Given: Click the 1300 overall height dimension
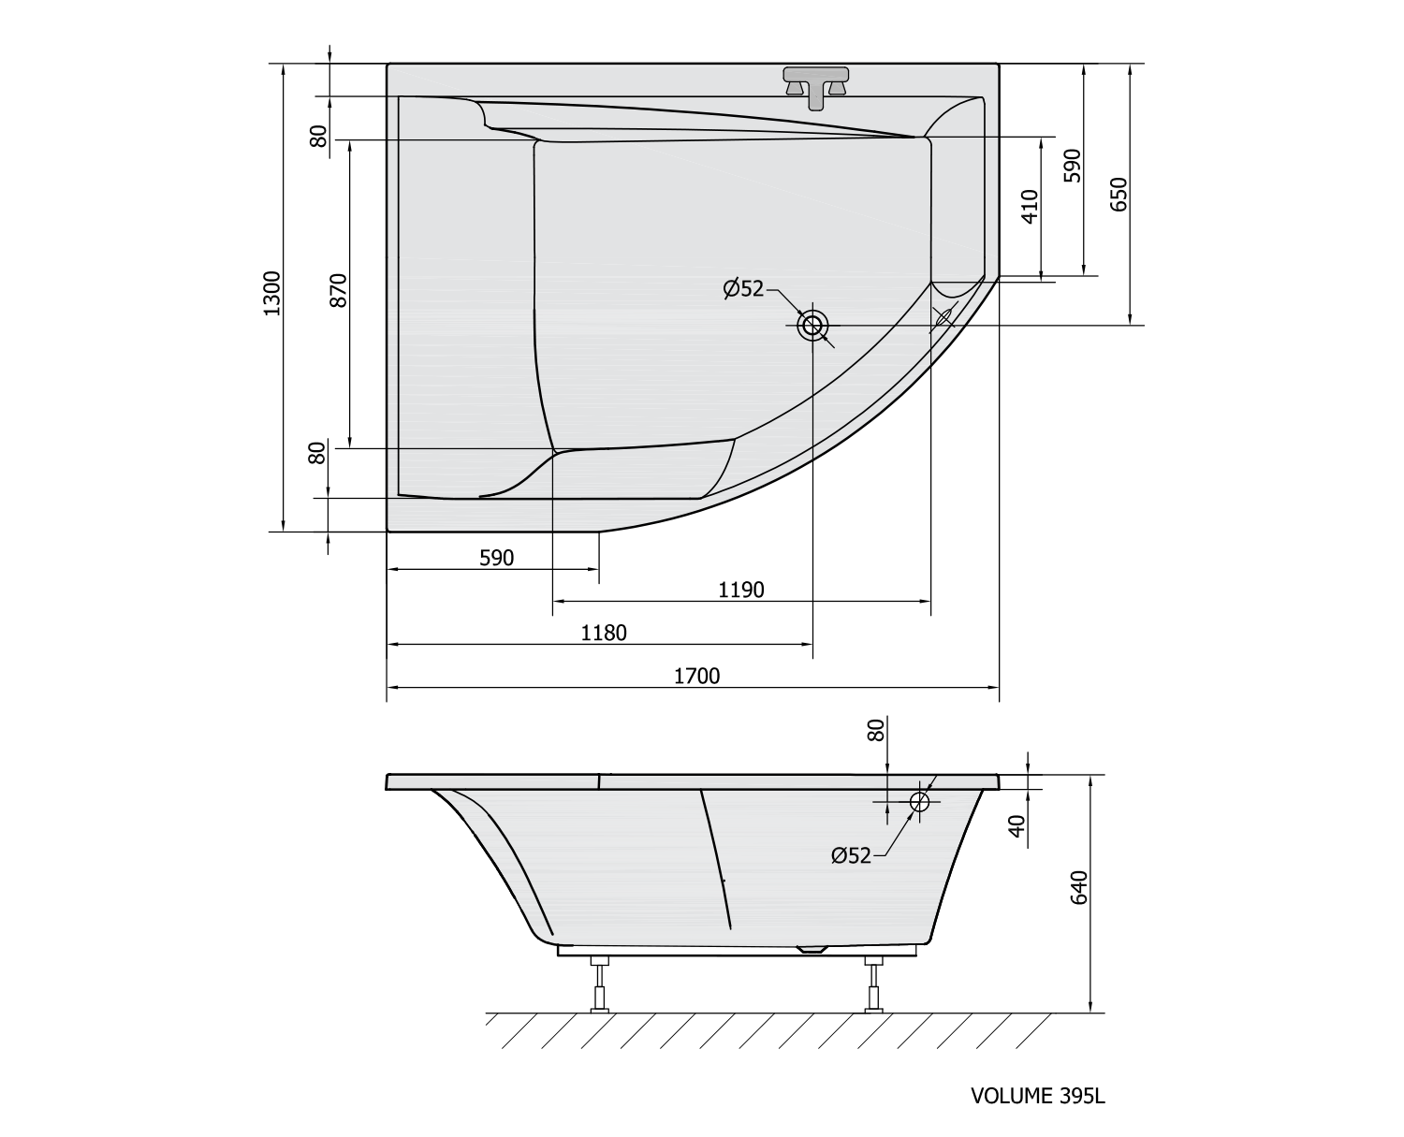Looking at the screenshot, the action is coord(272,293).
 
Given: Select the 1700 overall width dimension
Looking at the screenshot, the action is coord(696,677).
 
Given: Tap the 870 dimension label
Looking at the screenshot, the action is coord(338,290).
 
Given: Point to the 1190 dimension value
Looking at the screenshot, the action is coord(741,590).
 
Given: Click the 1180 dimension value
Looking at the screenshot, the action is coord(604,634).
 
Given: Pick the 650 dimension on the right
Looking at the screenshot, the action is coord(1119,194).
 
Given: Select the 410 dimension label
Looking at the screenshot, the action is coord(1031,206).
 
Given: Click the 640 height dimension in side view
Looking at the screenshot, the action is coord(1079,887).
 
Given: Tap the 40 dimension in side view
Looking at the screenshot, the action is coord(1018,826).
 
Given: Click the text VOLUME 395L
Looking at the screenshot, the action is coord(1038,1096).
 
